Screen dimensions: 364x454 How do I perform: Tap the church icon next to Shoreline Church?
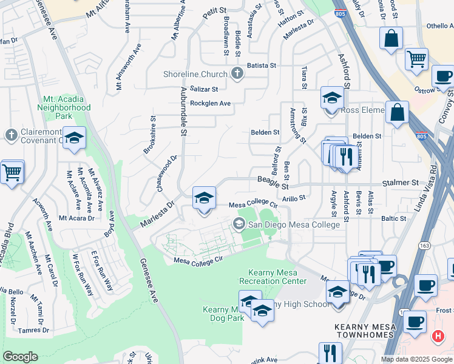(237, 74)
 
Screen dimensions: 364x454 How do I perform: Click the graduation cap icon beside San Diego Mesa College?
(239, 224)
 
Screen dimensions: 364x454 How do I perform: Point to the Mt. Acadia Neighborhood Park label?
(67, 108)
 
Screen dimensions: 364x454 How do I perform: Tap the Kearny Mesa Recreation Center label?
(273, 277)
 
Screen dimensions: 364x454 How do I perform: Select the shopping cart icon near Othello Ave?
(417, 59)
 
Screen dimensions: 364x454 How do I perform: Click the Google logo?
(20, 357)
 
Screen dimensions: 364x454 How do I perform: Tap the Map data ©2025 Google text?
(416, 359)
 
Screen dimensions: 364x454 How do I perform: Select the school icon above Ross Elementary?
(332, 98)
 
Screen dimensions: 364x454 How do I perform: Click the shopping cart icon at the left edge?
(12, 172)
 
